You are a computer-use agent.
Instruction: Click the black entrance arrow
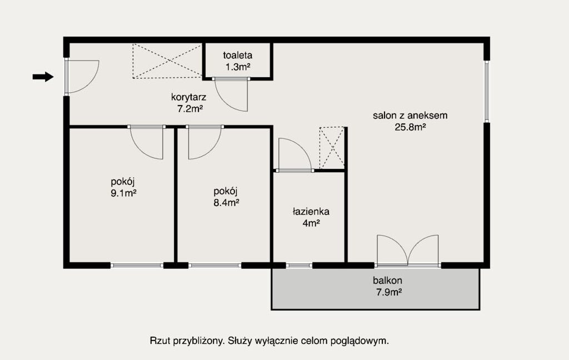(43, 77)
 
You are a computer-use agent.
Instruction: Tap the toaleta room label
(238, 56)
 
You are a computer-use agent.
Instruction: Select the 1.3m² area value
(238, 67)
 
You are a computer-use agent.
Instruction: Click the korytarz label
(189, 97)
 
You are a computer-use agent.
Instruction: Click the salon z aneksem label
(410, 116)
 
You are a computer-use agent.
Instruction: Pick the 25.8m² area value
(410, 127)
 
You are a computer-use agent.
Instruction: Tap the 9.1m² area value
(123, 193)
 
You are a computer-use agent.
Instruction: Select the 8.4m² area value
(226, 202)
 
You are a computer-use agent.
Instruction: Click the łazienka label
(311, 212)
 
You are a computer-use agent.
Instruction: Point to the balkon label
(387, 281)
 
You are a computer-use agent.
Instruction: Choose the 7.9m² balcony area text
(388, 292)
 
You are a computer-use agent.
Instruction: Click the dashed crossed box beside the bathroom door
(332, 148)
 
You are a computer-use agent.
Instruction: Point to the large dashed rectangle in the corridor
(167, 61)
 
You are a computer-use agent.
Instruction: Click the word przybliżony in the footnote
(198, 341)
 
